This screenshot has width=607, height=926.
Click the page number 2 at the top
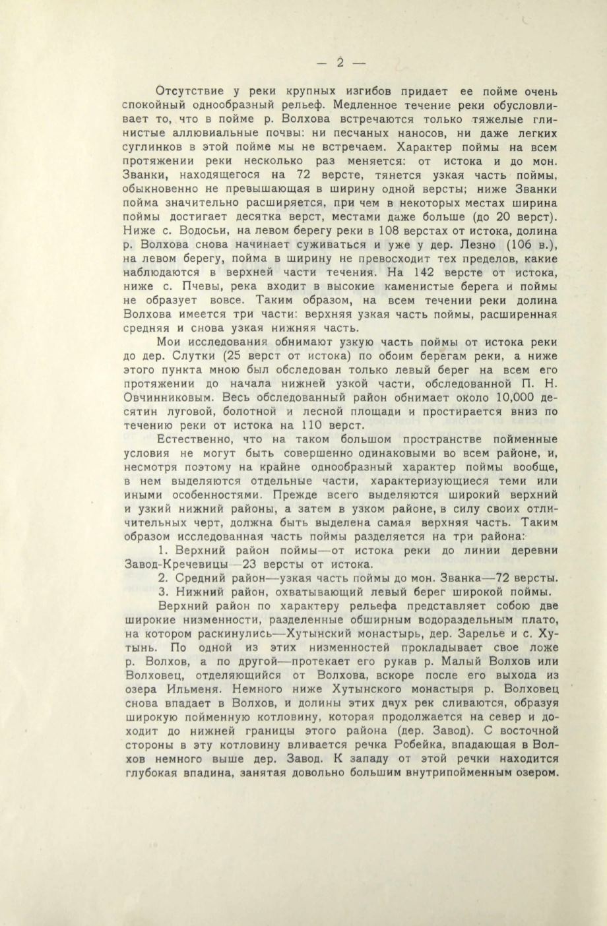click(x=340, y=63)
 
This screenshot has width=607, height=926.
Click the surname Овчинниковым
click(x=169, y=398)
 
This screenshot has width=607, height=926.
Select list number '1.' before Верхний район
click(x=164, y=550)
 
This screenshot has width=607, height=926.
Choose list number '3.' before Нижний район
click(x=164, y=591)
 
